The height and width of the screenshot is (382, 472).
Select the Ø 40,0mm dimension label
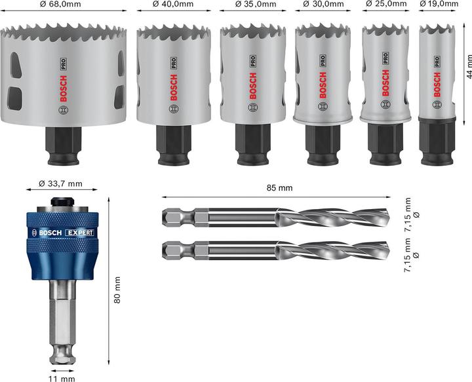coord(173,5)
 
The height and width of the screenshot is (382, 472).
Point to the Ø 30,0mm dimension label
coord(323,5)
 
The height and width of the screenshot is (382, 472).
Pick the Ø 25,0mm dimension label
coord(385,5)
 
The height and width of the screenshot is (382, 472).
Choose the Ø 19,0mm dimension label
coord(437,5)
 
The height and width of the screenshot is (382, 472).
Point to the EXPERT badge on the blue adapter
coord(79,233)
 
